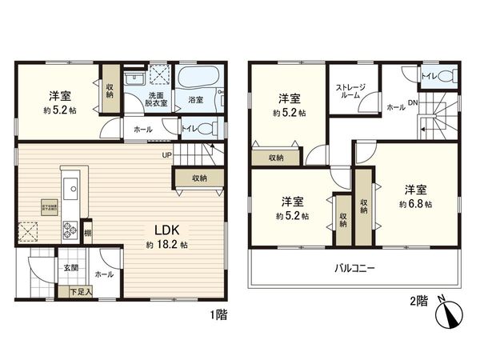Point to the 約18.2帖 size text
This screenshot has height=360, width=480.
click(166, 243)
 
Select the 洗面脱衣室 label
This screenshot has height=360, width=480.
click(156, 100)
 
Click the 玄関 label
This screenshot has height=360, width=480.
click(71, 269)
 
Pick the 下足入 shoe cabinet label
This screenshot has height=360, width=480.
click(82, 292)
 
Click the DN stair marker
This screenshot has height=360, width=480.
click(413, 102)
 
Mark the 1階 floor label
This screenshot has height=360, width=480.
click(218, 314)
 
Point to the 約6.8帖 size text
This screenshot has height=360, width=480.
click(416, 205)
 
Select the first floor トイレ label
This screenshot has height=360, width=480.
click(190, 127)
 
